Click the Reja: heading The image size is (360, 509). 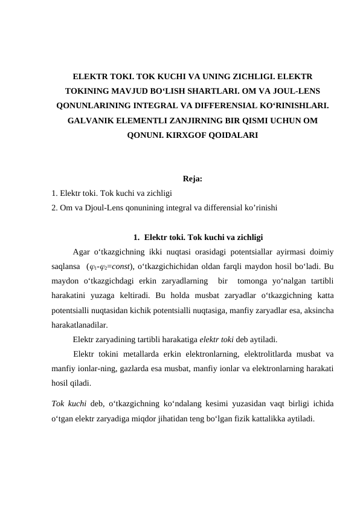192,179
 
